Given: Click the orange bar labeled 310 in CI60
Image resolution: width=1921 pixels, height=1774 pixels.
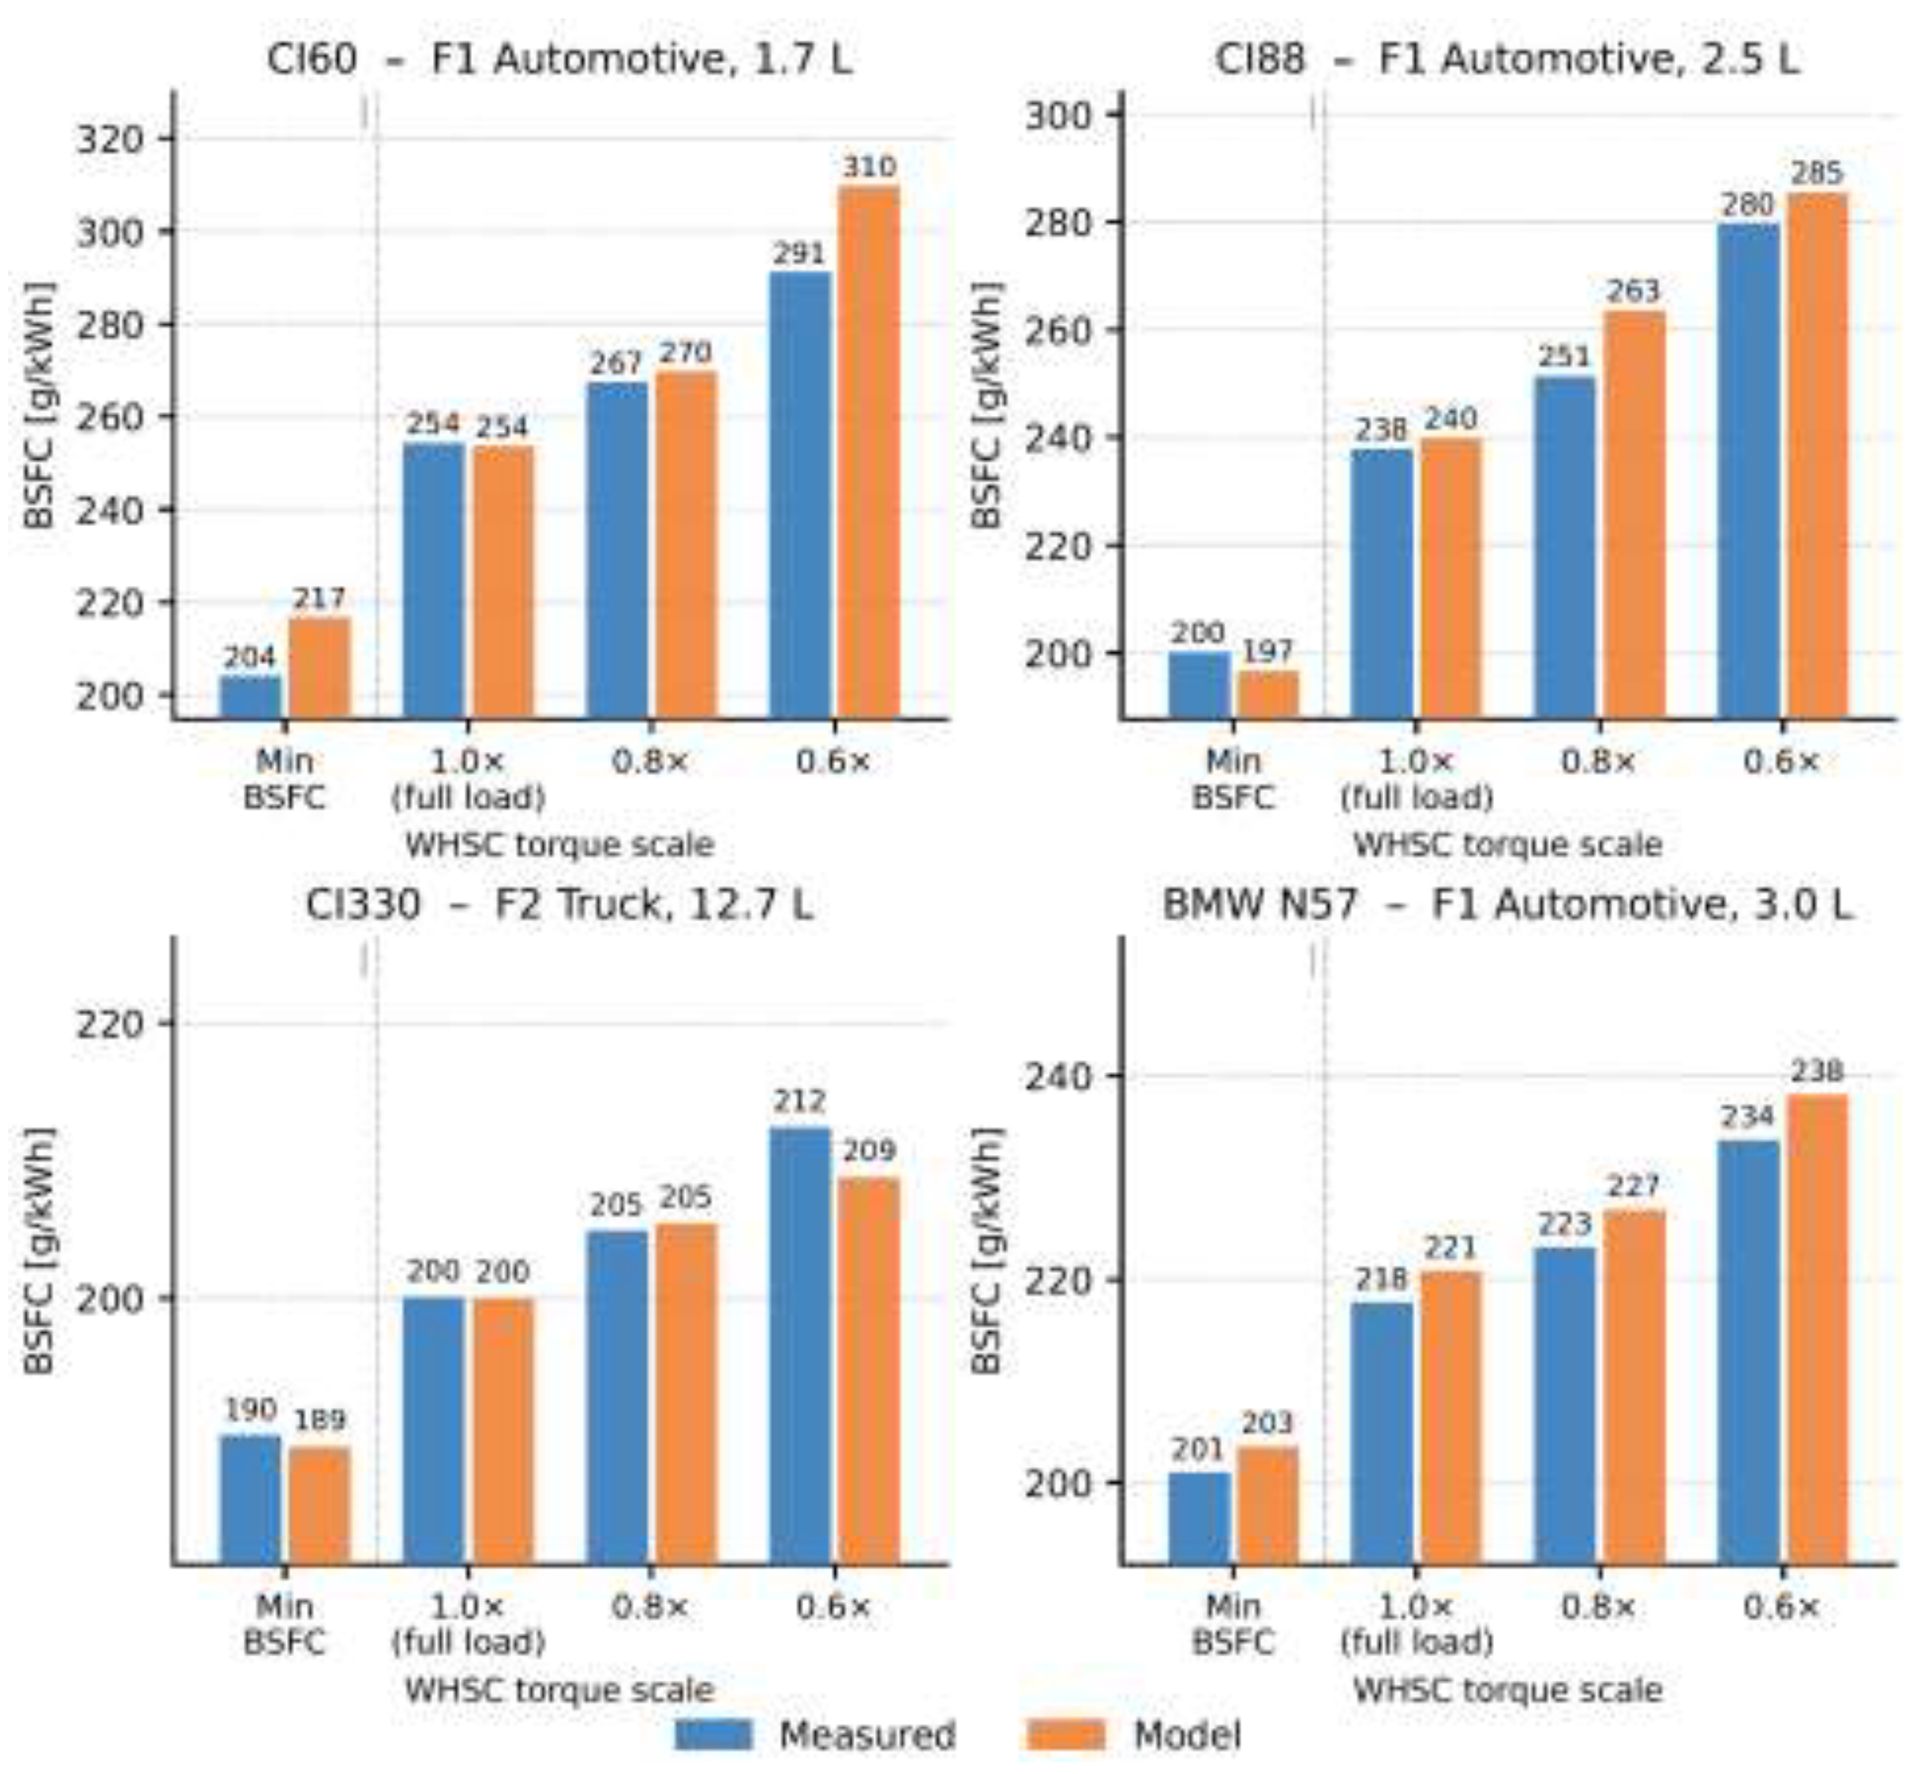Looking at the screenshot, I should point(869,451).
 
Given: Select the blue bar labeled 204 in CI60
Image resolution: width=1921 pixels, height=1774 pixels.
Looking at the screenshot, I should point(250,697).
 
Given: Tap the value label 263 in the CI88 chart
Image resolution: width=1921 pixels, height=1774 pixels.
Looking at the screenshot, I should point(1633,291).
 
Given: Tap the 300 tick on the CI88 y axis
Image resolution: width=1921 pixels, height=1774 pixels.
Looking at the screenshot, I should point(1059,115).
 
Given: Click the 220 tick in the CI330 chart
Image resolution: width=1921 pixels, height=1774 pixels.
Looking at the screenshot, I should point(109,1023).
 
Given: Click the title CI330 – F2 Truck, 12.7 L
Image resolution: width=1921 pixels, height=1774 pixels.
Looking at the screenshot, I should point(559,905).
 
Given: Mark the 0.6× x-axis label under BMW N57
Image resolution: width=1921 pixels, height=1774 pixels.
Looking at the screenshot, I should point(1782,1607).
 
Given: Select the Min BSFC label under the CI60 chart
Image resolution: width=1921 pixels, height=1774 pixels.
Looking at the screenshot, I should point(284,779).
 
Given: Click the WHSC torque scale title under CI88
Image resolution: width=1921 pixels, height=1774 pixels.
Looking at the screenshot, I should point(1507,845).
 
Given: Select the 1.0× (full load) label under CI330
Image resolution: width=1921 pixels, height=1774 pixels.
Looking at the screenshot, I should point(468,1624).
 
